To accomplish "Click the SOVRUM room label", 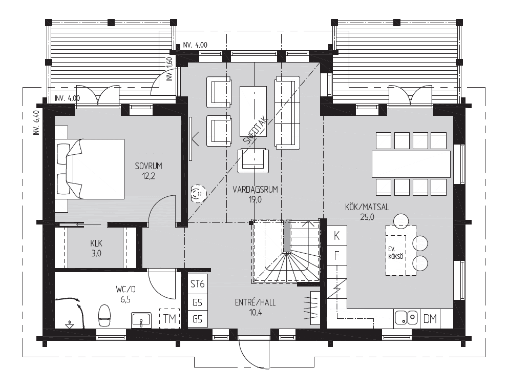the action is [x=149, y=166].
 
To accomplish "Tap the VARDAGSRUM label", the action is [x=256, y=190].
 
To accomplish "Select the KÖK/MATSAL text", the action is [x=367, y=207].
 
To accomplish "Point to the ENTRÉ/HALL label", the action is [x=256, y=302].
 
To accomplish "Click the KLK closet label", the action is [x=97, y=243].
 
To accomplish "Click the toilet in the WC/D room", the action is [x=104, y=315].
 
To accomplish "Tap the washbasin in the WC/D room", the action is [x=141, y=320].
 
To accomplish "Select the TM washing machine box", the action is [x=170, y=319].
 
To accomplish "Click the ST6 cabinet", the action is [x=198, y=284].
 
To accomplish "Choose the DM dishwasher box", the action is [x=430, y=319].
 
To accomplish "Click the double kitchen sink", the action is [x=407, y=317].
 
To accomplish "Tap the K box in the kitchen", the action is [x=337, y=236].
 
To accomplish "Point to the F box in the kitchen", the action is [x=337, y=255].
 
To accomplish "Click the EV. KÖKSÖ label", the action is [x=395, y=253].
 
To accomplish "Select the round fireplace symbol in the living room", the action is [x=199, y=194].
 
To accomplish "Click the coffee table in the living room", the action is [x=253, y=112].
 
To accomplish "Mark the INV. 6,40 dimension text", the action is [x=36, y=123].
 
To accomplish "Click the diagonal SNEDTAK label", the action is [x=256, y=131].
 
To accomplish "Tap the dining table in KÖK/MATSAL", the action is [x=411, y=164].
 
